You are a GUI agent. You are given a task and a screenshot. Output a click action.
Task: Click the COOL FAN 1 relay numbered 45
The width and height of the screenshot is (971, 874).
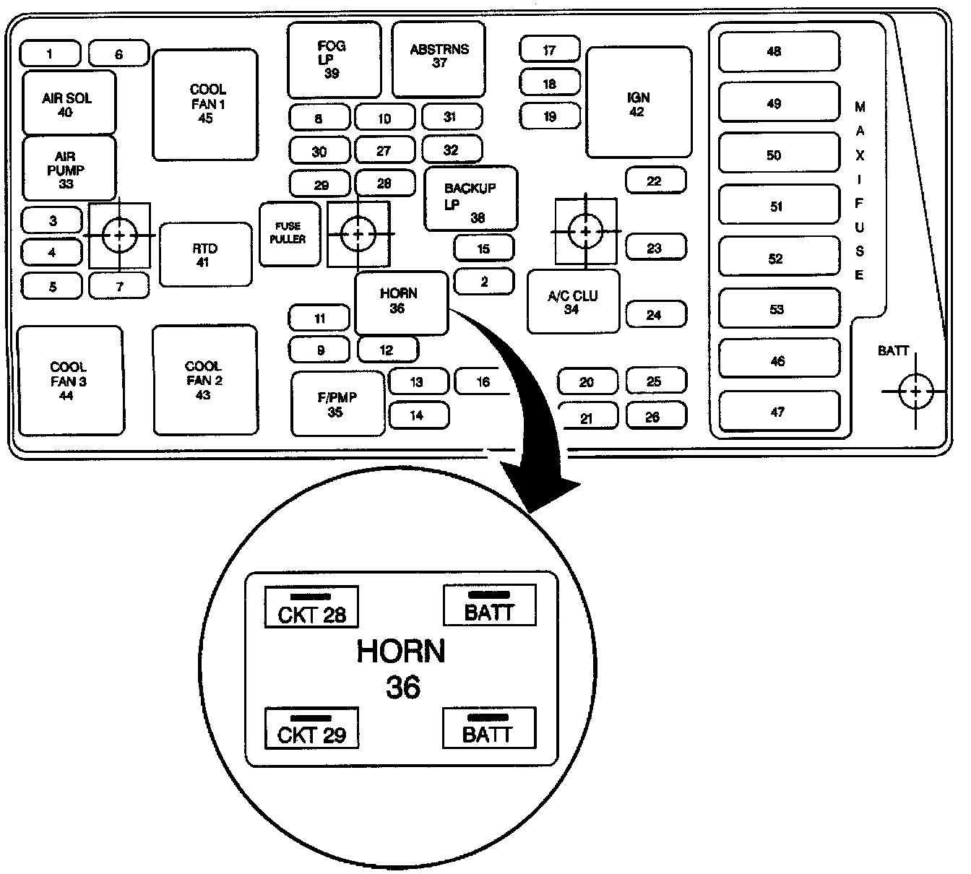click(205, 105)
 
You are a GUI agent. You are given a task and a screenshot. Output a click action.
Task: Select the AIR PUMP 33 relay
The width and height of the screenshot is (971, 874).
click(69, 168)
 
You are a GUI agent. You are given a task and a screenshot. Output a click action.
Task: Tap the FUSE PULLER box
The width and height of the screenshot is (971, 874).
click(290, 234)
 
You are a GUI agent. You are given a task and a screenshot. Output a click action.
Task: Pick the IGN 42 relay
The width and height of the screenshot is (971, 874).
click(639, 102)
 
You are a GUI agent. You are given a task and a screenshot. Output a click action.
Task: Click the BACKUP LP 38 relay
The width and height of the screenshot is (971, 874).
click(471, 199)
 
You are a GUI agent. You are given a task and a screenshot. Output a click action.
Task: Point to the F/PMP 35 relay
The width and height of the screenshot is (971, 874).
click(338, 404)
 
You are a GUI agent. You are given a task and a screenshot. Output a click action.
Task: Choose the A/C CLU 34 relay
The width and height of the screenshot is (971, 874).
click(574, 301)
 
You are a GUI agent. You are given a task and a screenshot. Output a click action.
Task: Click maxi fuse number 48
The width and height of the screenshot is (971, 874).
click(779, 51)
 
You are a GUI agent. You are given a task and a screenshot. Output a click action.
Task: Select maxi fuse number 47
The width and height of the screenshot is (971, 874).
click(779, 411)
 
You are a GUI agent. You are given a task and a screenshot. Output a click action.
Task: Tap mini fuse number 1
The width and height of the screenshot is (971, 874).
click(50, 53)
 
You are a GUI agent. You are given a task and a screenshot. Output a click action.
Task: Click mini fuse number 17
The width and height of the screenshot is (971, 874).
click(549, 49)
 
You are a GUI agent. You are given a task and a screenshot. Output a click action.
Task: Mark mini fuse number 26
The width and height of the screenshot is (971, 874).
click(657, 416)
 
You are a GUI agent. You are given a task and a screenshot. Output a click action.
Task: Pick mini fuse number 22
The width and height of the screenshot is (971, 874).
click(656, 180)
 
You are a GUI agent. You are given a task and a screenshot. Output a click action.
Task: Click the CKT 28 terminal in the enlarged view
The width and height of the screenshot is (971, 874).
click(311, 607)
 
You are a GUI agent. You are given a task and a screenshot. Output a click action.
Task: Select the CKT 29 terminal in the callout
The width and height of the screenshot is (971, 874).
click(311, 727)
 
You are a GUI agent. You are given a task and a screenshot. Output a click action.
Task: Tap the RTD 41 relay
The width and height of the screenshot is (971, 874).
click(206, 254)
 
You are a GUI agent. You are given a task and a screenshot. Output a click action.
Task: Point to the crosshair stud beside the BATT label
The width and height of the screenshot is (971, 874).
click(915, 391)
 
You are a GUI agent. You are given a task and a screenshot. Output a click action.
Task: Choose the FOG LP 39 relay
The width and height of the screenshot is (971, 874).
click(334, 59)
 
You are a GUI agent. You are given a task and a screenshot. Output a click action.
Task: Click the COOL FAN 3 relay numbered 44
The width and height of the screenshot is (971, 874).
click(70, 381)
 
